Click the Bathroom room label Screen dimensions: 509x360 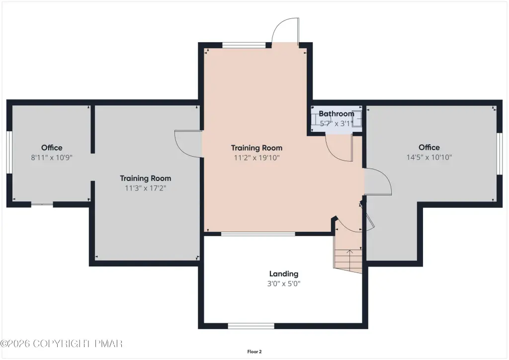point(337,113)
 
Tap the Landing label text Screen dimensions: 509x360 point(284,273)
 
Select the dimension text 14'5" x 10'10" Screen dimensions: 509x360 point(429,157)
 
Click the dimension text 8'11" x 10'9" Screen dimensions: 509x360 point(52,158)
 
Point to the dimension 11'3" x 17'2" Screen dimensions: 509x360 point(146,188)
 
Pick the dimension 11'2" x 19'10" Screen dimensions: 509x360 point(256,158)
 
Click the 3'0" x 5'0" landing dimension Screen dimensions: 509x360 point(284,283)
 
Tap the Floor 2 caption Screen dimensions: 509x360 point(254,352)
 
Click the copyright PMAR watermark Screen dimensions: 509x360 point(61,344)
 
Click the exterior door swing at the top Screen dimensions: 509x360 point(285,31)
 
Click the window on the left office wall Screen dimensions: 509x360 point(9,152)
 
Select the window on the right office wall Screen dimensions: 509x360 point(500,154)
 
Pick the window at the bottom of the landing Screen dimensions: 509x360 point(251,326)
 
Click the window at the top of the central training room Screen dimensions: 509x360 point(244,45)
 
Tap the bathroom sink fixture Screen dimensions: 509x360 point(357,118)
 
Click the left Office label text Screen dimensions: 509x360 point(52,148)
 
